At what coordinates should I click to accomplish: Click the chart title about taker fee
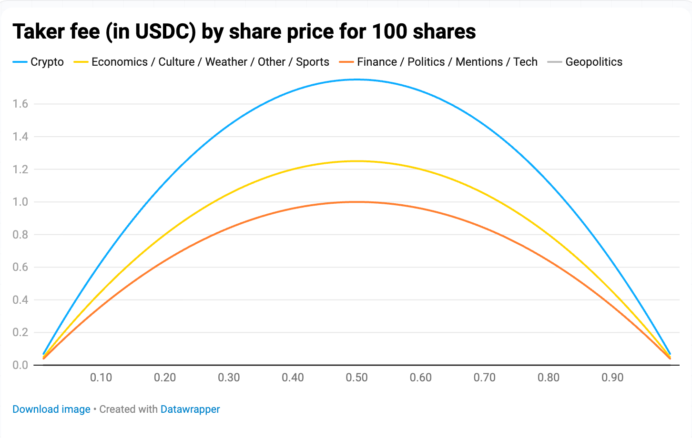click(x=244, y=32)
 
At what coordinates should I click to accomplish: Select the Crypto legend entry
click(x=38, y=62)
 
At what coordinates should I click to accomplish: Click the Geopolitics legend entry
click(x=584, y=62)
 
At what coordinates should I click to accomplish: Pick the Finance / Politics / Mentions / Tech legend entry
click(x=438, y=62)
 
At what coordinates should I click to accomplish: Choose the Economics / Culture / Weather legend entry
click(x=202, y=62)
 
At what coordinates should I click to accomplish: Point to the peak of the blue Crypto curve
click(x=356, y=80)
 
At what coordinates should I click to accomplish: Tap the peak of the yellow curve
click(x=356, y=161)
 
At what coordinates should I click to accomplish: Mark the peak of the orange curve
click(x=356, y=202)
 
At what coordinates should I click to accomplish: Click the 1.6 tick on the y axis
click(x=20, y=104)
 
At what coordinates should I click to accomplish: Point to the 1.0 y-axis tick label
click(x=20, y=202)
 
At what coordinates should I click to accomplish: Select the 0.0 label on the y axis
click(x=20, y=365)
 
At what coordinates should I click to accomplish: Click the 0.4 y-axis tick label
click(x=20, y=300)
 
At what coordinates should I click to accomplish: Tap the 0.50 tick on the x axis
click(x=356, y=378)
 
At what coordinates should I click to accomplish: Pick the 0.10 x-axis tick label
click(x=101, y=378)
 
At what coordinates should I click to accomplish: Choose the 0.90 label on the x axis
click(x=612, y=378)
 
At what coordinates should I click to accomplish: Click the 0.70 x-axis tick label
click(x=484, y=378)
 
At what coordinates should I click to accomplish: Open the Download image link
click(x=51, y=409)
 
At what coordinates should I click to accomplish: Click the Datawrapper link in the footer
click(x=190, y=409)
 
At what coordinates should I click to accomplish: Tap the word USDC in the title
click(x=161, y=32)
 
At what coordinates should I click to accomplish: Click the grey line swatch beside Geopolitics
click(x=555, y=62)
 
